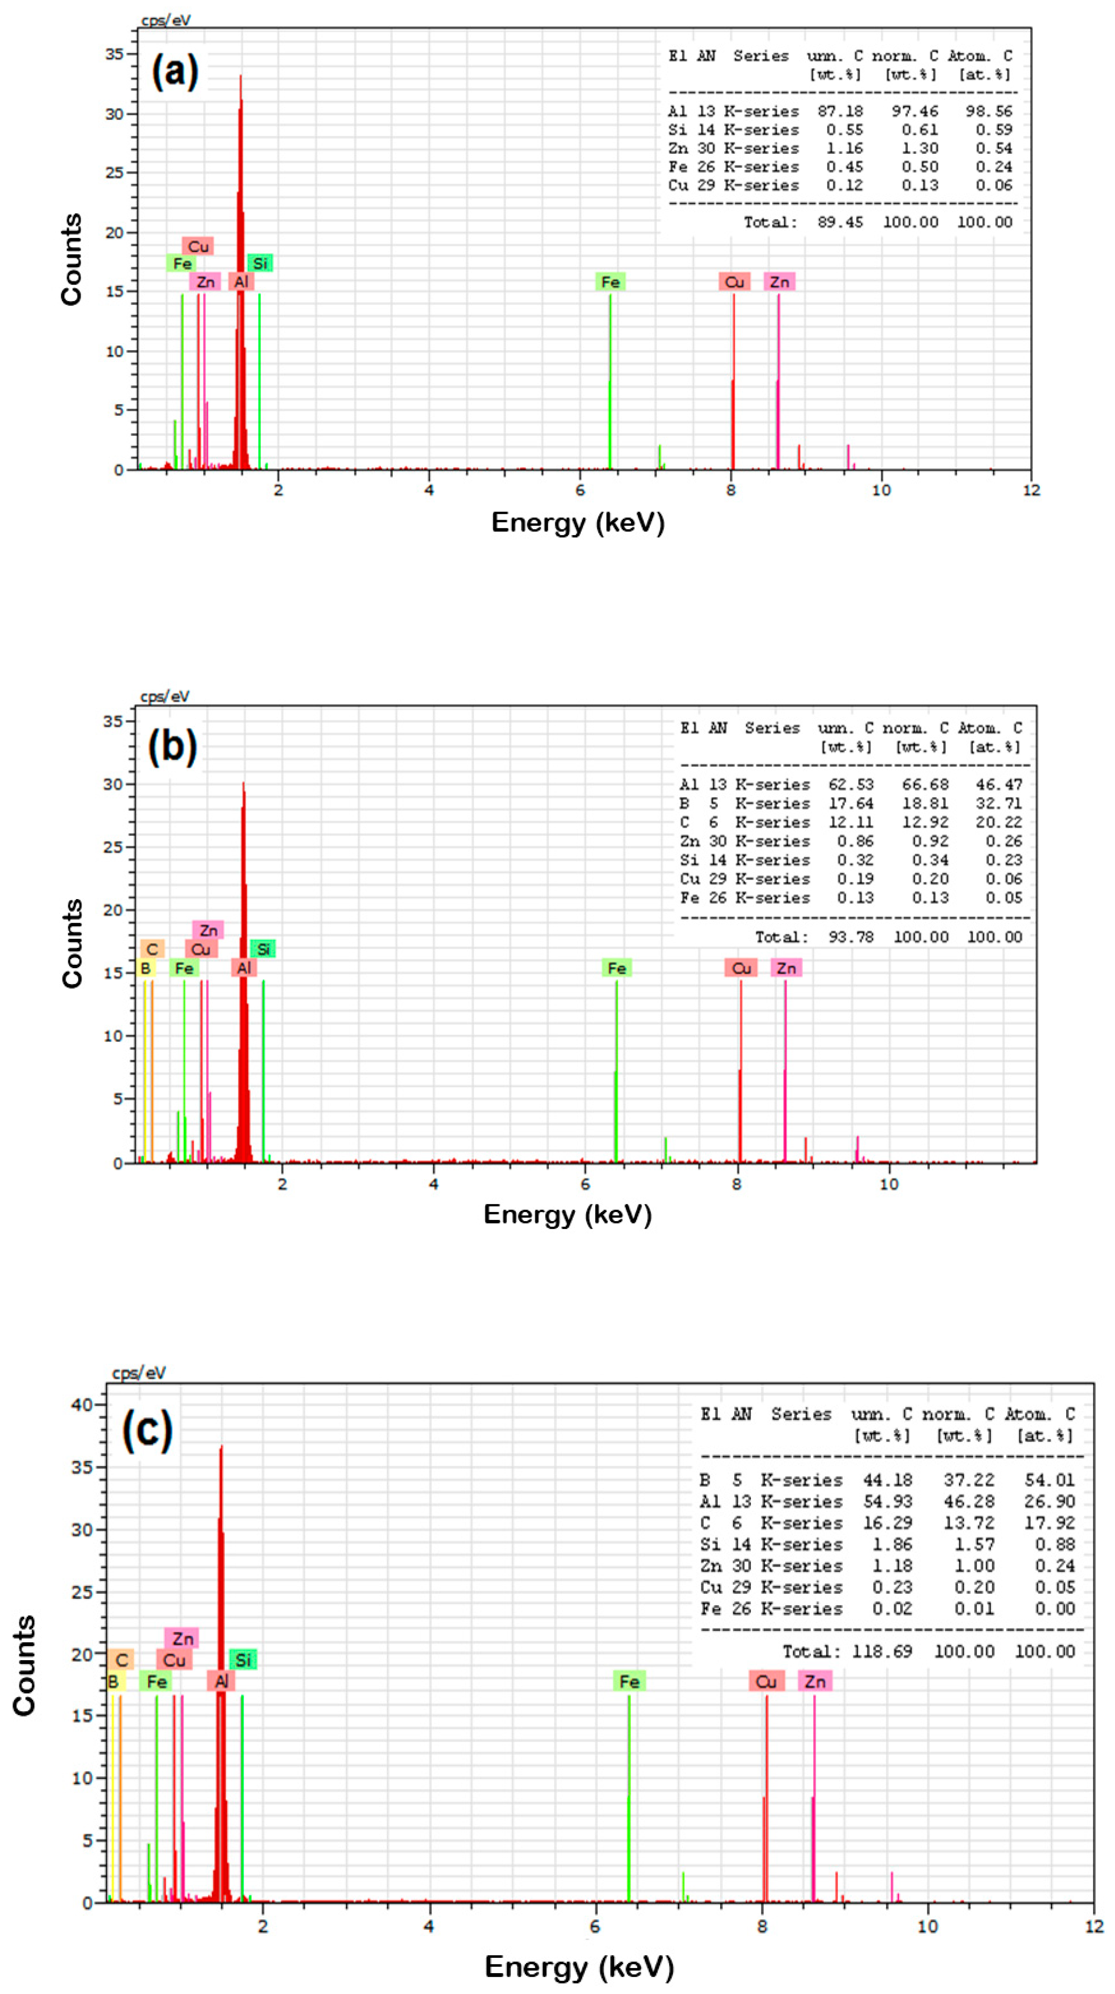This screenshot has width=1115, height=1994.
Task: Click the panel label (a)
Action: click(175, 72)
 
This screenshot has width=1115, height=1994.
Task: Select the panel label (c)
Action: click(147, 1430)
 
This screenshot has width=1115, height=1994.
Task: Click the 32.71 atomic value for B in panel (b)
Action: click(998, 804)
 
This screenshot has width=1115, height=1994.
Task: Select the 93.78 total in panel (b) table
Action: click(850, 936)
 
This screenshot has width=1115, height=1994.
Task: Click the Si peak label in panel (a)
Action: click(260, 263)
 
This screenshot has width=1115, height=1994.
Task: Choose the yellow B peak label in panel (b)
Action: click(145, 968)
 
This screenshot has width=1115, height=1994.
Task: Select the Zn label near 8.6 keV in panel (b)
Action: click(786, 968)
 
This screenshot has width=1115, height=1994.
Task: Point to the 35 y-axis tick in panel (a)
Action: click(114, 54)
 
